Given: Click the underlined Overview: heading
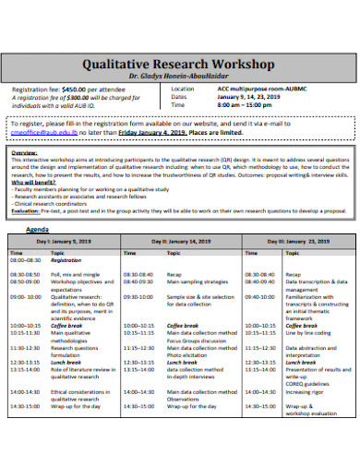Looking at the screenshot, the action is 23,150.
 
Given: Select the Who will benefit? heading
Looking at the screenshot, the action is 35,183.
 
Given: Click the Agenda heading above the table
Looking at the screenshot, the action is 38,228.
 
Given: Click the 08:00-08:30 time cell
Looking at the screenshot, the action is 25,261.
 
